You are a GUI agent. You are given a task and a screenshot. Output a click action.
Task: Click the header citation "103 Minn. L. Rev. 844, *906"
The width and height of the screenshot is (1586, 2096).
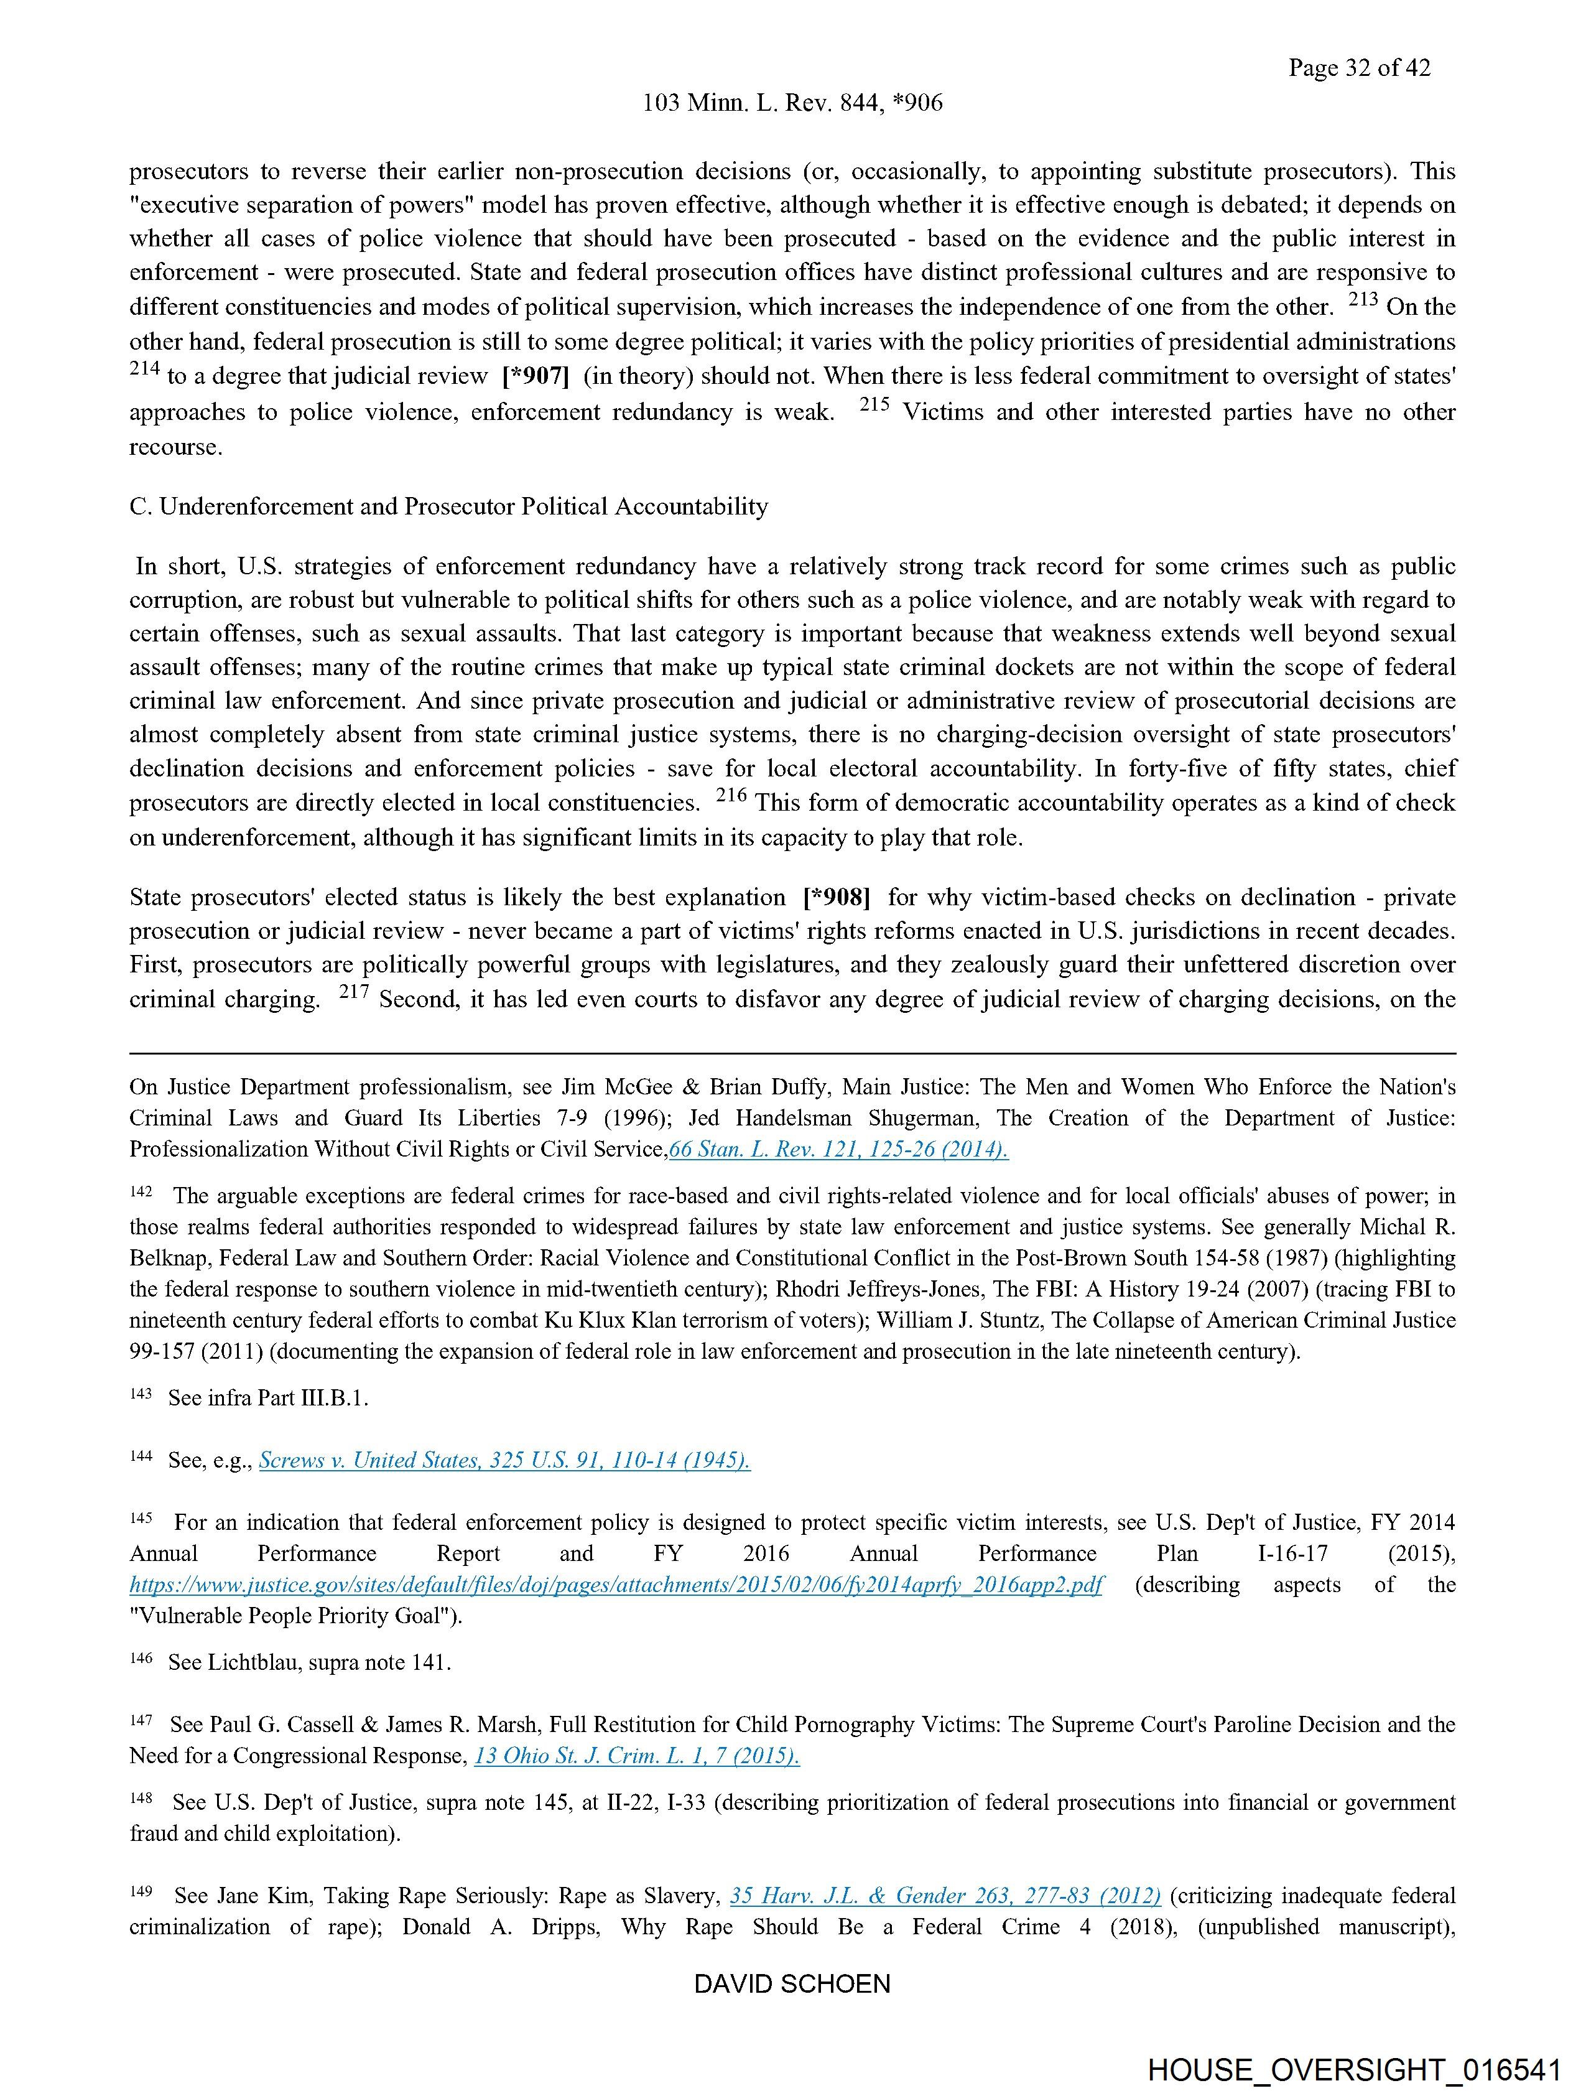coord(792,103)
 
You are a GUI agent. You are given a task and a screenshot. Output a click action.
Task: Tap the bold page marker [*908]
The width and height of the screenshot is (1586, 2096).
coord(836,897)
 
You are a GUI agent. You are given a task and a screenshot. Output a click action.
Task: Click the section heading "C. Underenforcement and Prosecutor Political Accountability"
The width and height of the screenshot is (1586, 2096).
coord(448,507)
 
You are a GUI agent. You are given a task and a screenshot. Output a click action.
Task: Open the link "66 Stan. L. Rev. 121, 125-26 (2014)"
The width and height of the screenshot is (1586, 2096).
coord(838,1149)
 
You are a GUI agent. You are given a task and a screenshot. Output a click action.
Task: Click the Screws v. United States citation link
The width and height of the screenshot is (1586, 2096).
coord(504,1460)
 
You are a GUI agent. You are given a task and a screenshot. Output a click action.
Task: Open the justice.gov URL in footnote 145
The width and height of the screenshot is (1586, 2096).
coord(616,1585)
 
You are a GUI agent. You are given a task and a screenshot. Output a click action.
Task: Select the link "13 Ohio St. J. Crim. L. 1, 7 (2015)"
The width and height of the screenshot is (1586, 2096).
coord(637,1756)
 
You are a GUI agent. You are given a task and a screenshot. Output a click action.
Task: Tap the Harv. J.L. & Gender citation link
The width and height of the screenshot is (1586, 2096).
coord(945,1896)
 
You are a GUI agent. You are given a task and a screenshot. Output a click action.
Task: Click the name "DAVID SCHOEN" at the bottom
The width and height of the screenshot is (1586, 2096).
coord(792,1984)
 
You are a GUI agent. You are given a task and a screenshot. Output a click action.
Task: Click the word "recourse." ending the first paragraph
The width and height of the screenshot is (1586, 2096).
coord(176,447)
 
